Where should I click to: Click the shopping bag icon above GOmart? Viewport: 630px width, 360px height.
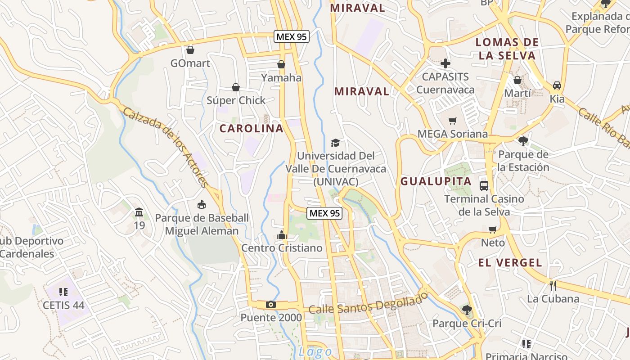[x=190, y=49]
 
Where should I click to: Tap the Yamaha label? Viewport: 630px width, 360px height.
[x=281, y=77]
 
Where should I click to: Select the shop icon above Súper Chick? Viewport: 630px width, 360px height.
[x=236, y=87]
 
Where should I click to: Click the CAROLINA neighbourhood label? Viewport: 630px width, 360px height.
[x=252, y=128]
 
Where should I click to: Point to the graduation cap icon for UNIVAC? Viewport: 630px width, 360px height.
[x=335, y=143]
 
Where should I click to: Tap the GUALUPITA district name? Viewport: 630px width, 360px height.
[x=436, y=181]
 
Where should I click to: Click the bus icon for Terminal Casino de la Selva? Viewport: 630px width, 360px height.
[x=484, y=185]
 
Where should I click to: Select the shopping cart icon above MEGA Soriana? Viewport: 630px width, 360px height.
[x=452, y=121]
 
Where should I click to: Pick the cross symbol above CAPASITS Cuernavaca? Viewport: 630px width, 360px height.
[x=445, y=63]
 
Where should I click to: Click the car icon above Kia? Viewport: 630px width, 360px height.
[x=557, y=85]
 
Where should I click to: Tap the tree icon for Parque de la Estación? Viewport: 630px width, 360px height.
[x=523, y=141]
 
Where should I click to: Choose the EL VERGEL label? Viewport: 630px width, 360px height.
[x=510, y=263]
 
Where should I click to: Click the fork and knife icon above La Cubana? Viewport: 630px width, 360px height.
[x=553, y=285]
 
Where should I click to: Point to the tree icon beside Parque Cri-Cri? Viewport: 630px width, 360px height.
[x=467, y=310]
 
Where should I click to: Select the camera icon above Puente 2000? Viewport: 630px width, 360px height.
[x=270, y=305]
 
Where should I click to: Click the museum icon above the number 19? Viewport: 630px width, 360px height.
[x=139, y=212]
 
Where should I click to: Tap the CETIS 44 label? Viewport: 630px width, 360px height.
[x=63, y=305]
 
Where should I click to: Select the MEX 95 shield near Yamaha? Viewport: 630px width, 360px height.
[x=292, y=37]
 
